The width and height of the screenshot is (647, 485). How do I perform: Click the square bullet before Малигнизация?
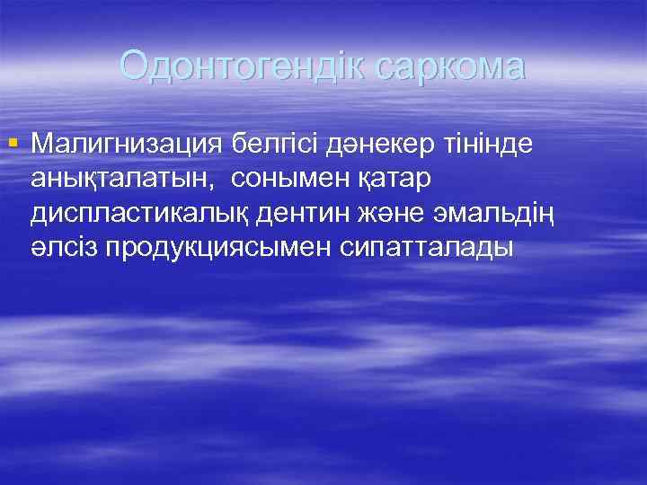pos(12,142)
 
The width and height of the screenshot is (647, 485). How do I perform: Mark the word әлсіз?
pos(62,250)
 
